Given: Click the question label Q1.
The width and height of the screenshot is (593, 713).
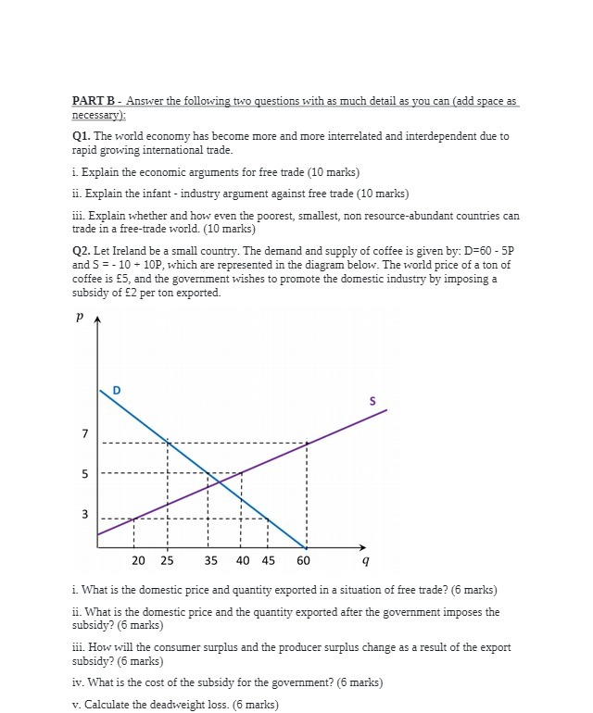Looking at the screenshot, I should (82, 136).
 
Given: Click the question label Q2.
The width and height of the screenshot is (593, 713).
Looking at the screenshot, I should (82, 251).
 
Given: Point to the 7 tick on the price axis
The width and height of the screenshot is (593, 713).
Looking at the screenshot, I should (84, 434).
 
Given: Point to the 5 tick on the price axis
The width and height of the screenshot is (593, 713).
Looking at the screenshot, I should (84, 475).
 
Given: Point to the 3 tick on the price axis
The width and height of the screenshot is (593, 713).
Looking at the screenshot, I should (84, 514).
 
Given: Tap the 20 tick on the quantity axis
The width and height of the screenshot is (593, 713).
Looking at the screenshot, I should (138, 561).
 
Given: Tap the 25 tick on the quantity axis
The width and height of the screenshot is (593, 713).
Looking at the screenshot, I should (167, 561).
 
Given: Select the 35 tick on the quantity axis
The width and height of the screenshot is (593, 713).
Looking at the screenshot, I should (210, 561).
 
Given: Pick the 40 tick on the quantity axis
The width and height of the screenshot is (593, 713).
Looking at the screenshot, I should (242, 561).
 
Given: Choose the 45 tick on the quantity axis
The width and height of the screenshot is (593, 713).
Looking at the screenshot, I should (268, 561).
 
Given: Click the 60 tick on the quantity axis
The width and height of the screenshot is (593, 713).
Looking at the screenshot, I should (304, 561).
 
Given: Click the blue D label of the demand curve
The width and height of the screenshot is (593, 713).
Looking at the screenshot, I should (115, 390).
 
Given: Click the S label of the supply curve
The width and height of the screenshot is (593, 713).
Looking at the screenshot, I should (372, 401).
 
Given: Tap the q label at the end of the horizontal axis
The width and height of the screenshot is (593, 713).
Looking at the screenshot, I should (366, 561).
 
